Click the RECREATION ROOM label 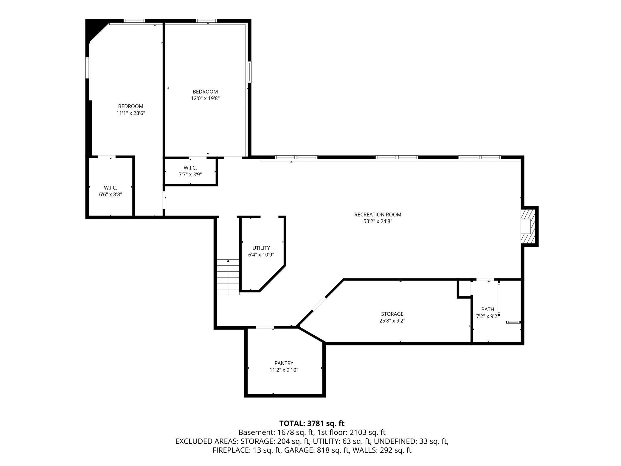378,214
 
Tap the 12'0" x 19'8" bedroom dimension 205,98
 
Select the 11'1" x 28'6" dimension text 131,113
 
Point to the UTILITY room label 261,248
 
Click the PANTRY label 284,363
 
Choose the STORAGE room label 392,314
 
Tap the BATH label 488,309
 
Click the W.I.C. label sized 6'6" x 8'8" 111,188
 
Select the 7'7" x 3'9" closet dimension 190,174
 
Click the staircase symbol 228,277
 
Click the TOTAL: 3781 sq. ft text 312,423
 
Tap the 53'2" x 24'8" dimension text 378,221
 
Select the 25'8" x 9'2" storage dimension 392,321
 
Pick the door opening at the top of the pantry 265,328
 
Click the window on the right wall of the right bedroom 249,72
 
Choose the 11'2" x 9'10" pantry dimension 284,370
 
